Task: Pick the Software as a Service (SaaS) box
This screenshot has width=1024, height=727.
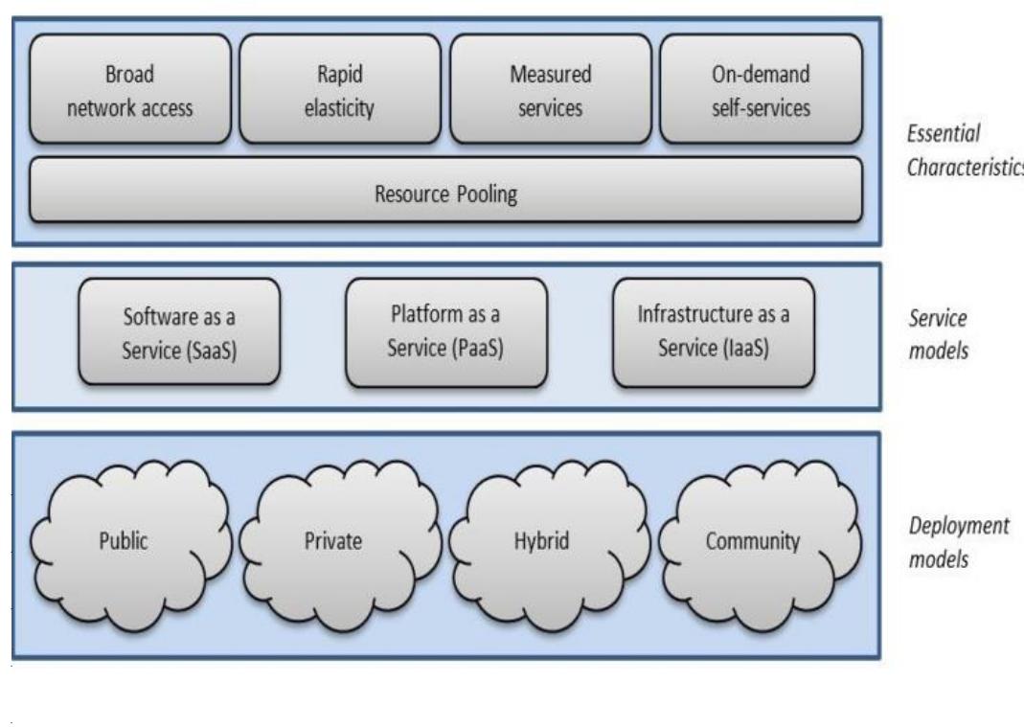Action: tap(179, 332)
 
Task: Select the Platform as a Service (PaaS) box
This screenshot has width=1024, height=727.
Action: tap(446, 332)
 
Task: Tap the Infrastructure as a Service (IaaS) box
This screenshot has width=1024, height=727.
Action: tap(713, 332)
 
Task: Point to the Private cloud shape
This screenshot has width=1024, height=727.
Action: tap(333, 540)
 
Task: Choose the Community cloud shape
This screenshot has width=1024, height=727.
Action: tap(752, 540)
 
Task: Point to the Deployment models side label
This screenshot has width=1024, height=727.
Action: tap(946, 542)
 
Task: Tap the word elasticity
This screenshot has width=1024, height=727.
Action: tap(341, 107)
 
